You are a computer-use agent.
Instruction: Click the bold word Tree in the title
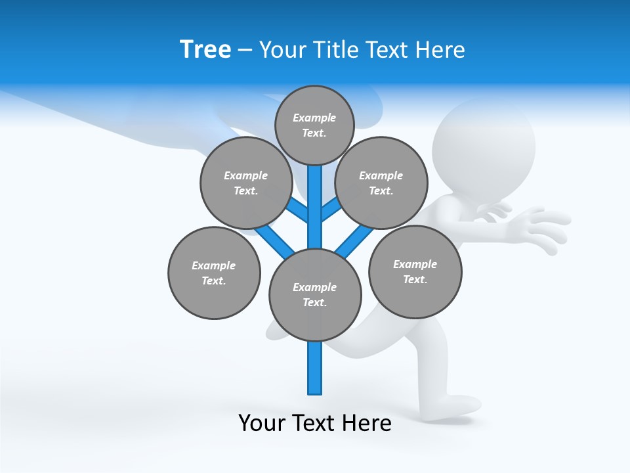pyautogui.click(x=205, y=49)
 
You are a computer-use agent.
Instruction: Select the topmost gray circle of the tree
pyautogui.click(x=314, y=125)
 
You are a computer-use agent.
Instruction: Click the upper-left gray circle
pyautogui.click(x=245, y=183)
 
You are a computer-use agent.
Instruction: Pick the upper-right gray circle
pyautogui.click(x=381, y=183)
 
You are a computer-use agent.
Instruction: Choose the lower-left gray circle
pyautogui.click(x=214, y=273)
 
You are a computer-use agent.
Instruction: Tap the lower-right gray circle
pyautogui.click(x=415, y=271)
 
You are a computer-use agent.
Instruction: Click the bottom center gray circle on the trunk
pyautogui.click(x=315, y=295)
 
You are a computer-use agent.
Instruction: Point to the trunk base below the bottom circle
pyautogui.click(x=315, y=371)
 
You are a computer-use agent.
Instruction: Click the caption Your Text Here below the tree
pyautogui.click(x=315, y=423)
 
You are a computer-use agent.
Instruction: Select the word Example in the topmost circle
pyautogui.click(x=314, y=118)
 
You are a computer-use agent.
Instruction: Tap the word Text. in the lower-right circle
pyautogui.click(x=415, y=279)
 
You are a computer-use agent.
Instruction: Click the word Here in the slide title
pyautogui.click(x=440, y=50)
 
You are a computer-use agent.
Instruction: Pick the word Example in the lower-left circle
pyautogui.click(x=214, y=265)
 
